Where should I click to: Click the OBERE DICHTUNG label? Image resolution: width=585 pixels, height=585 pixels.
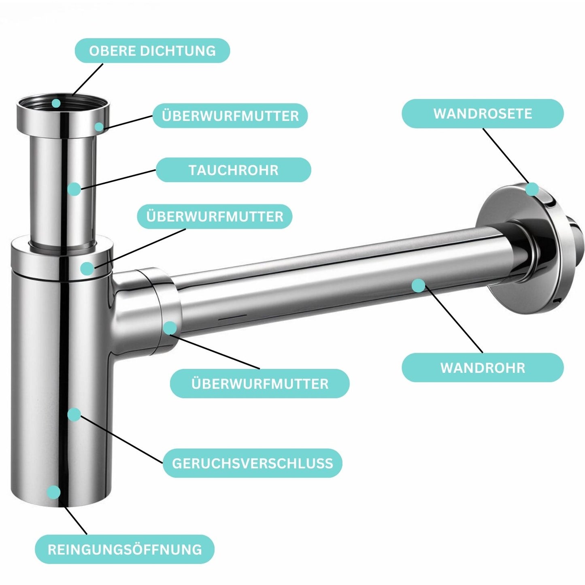(x=152, y=51)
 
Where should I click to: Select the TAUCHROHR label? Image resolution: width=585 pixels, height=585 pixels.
(x=233, y=170)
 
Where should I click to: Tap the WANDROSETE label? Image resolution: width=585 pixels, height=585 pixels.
(x=482, y=114)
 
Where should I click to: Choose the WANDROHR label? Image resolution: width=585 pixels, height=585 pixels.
(x=482, y=368)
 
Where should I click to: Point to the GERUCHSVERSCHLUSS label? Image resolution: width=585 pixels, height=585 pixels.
(x=252, y=463)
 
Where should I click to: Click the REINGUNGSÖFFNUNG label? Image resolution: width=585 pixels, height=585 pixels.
(x=124, y=549)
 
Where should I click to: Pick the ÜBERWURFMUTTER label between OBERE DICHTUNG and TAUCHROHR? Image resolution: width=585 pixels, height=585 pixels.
(x=230, y=116)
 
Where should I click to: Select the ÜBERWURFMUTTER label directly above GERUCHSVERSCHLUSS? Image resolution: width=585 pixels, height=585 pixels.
(x=260, y=383)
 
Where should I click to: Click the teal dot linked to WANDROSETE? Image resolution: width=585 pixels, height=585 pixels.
(x=532, y=189)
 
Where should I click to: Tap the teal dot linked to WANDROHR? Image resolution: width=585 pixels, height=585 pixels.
(x=419, y=285)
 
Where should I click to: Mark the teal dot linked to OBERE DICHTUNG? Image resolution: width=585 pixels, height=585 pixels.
(x=56, y=103)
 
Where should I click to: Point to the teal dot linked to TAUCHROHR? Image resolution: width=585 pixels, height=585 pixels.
(x=74, y=189)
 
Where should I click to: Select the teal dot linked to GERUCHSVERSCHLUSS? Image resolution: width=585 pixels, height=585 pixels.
(x=74, y=414)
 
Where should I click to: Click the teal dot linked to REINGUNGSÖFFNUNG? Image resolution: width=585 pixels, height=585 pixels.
(x=53, y=492)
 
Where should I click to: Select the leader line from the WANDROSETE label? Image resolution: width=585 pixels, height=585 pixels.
(x=506, y=156)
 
